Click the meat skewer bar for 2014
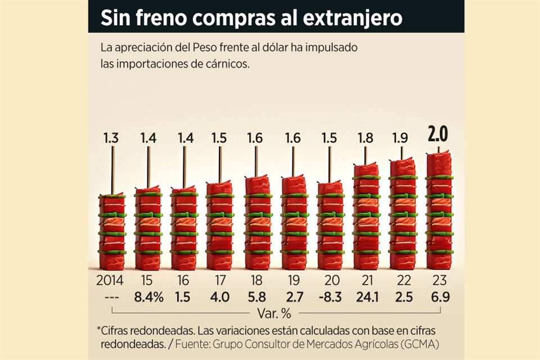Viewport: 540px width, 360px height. pyautogui.click(x=112, y=232)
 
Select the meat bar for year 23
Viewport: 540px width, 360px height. pyautogui.click(x=439, y=211)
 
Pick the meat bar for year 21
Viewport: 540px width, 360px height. pyautogui.click(x=366, y=217)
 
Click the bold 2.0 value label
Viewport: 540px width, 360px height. pyautogui.click(x=439, y=135)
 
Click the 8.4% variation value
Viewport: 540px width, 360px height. pyautogui.click(x=149, y=298)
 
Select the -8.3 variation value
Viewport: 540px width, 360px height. pyautogui.click(x=330, y=298)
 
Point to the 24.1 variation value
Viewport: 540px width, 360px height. pyautogui.click(x=366, y=298)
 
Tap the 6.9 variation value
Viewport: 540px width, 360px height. pyautogui.click(x=439, y=298)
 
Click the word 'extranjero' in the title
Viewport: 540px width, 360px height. pyautogui.click(x=353, y=18)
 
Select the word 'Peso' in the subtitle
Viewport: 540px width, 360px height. pyautogui.click(x=199, y=47)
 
